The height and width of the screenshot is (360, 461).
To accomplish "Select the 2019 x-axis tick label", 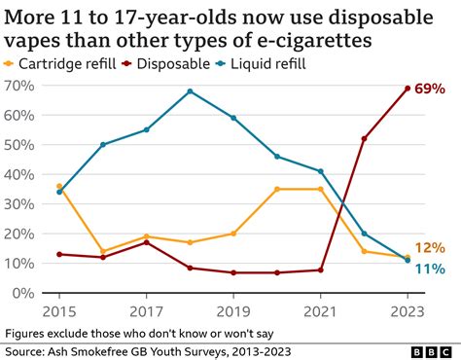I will tap(233, 310).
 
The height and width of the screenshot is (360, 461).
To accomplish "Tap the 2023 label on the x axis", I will tap(406, 310).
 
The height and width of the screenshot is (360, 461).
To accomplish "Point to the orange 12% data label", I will tap(430, 248).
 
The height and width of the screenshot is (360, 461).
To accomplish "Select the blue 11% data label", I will tap(430, 269).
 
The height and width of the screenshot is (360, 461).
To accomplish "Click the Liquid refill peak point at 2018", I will tap(190, 91).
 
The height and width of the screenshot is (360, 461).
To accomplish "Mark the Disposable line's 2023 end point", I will tap(406, 89).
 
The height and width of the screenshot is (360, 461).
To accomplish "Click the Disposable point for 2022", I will tap(364, 138).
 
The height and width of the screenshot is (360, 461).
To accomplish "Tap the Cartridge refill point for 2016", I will tap(103, 251).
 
